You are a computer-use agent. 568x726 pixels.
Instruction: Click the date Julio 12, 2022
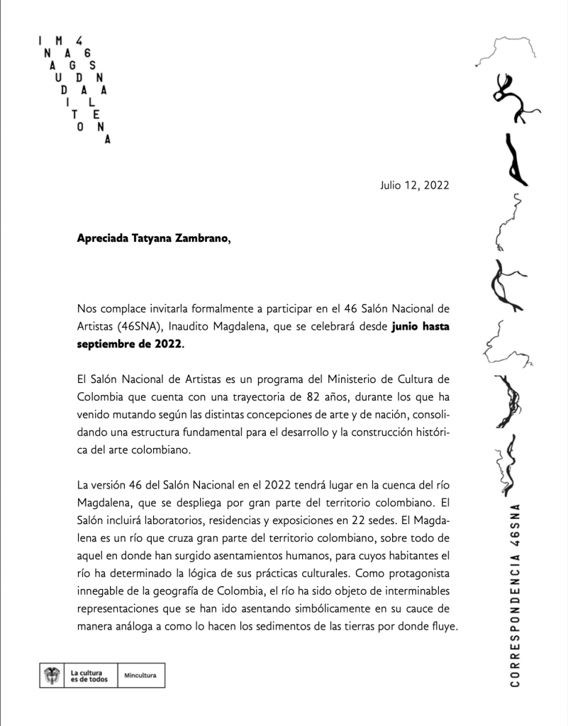coord(415,186)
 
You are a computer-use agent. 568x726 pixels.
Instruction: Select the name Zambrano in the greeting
coord(201,239)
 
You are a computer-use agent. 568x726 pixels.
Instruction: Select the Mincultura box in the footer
coord(140,676)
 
